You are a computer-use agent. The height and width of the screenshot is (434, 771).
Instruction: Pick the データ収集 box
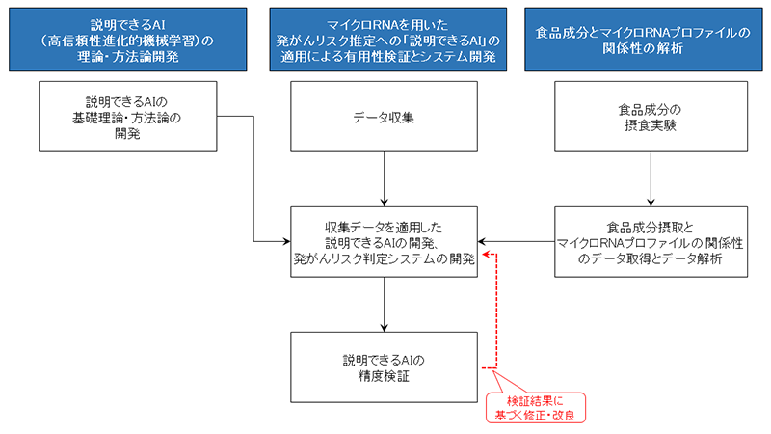coord(385,116)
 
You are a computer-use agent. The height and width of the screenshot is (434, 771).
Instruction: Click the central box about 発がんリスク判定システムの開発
coord(385,241)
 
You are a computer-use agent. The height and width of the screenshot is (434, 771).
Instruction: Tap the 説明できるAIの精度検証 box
coord(385,367)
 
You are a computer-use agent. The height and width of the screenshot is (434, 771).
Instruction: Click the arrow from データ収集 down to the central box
coord(385,178)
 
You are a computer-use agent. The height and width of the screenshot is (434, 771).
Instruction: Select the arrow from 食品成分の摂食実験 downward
coord(652,178)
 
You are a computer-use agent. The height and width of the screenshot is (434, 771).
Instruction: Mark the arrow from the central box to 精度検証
coord(385,304)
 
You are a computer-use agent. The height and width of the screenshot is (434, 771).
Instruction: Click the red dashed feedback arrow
coord(494,309)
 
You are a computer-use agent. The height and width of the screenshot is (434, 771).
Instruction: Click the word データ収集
coord(385,117)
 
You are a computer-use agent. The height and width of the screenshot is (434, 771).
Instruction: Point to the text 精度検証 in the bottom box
coord(385,376)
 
